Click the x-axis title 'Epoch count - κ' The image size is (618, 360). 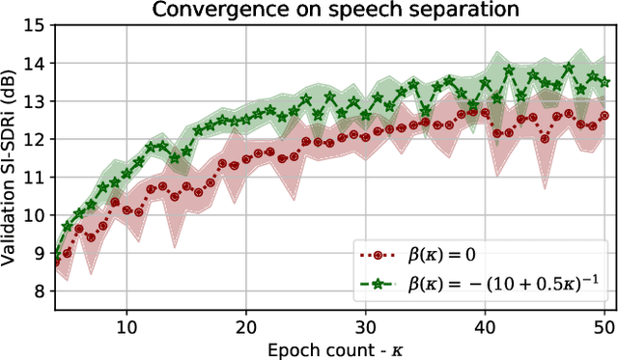click(x=329, y=348)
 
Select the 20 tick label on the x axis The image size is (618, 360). click(x=246, y=326)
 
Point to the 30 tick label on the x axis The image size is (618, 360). click(x=366, y=326)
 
